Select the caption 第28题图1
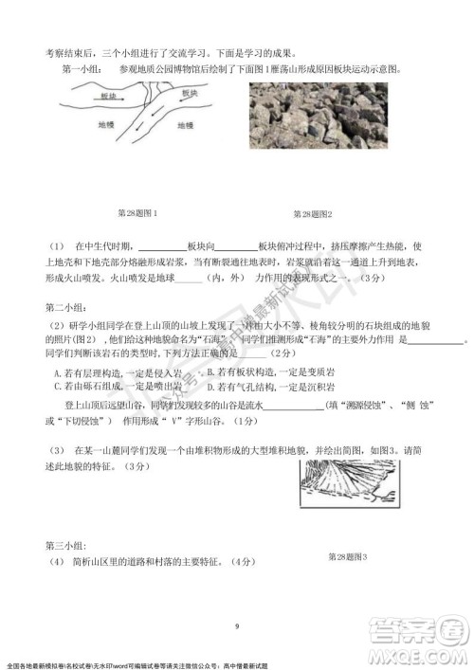pos(136,214)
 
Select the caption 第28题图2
pos(313,214)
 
